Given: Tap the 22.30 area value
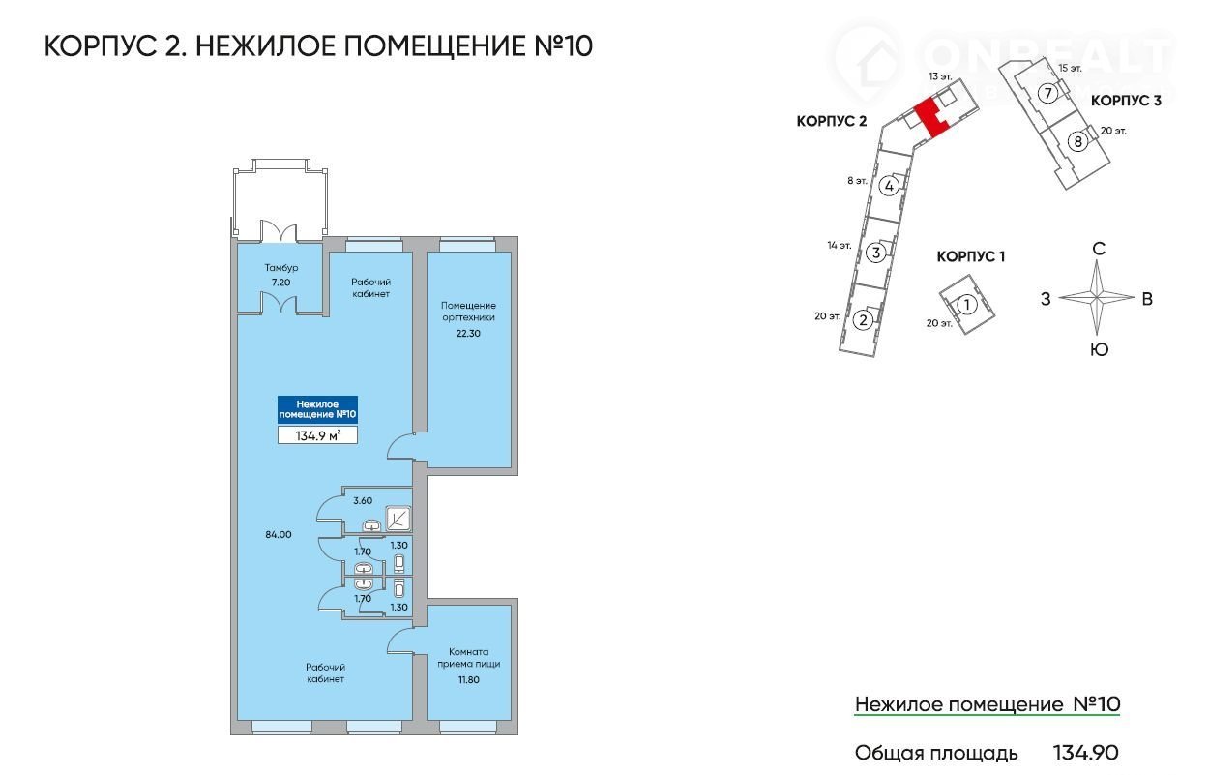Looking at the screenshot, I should [x=468, y=333].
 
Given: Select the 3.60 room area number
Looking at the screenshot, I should [x=364, y=501].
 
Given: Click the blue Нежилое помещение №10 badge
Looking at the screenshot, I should [x=317, y=409].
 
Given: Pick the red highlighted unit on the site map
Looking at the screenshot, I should [x=929, y=118].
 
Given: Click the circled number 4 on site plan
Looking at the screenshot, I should [x=890, y=186].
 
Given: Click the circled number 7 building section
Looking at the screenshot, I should [x=1046, y=93].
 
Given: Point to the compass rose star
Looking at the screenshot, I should [x=1096, y=298].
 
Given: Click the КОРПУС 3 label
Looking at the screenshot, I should [x=1126, y=100].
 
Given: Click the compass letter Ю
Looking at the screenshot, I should [x=1099, y=349].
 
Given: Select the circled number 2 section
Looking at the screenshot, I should [x=864, y=319].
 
